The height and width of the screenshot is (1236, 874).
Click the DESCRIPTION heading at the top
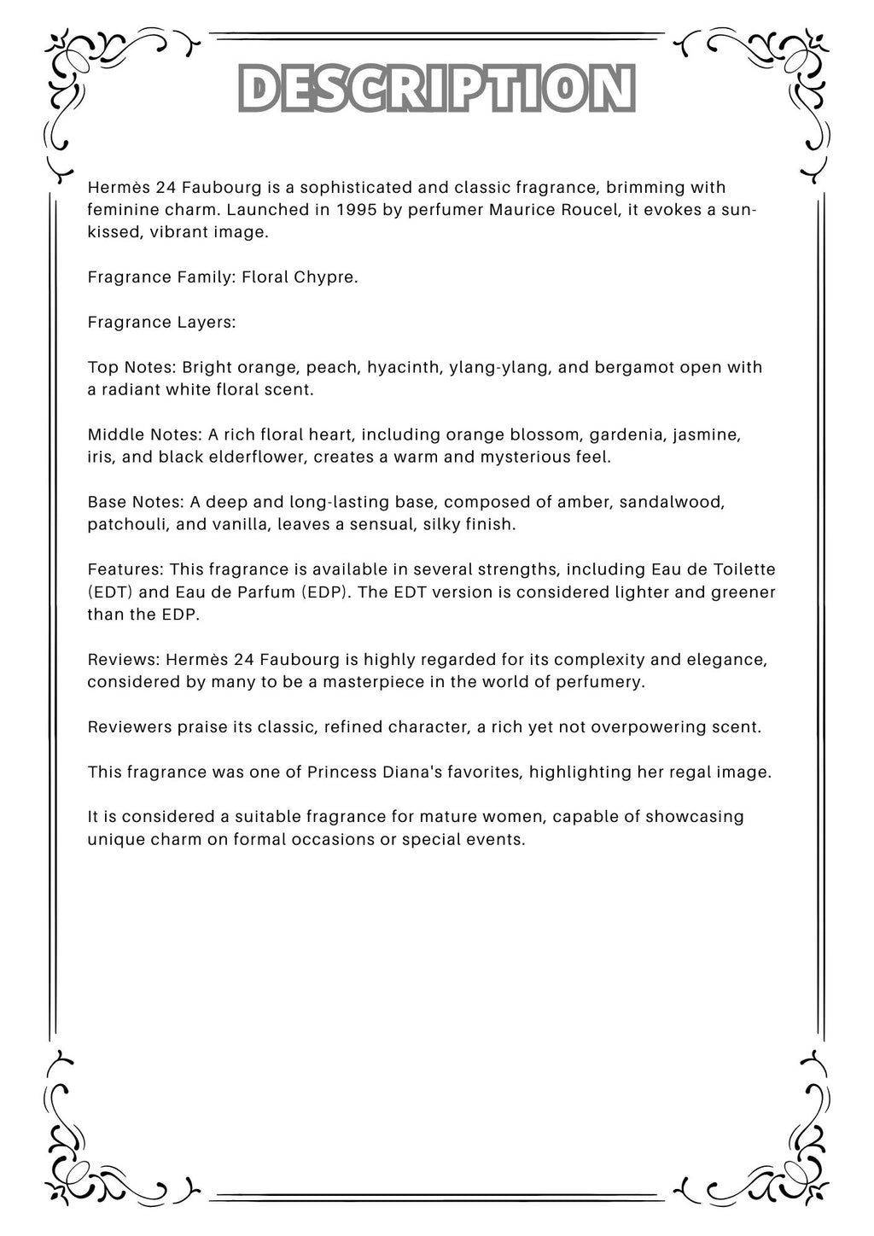(x=436, y=89)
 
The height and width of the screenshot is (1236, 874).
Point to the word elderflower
(x=258, y=457)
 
